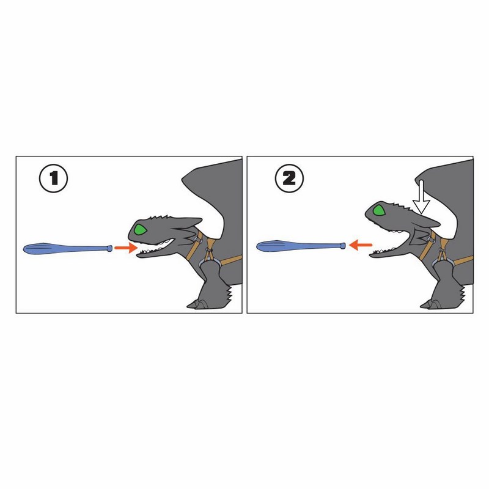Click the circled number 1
pyautogui.click(x=53, y=178)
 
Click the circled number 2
pyautogui.click(x=289, y=178)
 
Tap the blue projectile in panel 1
pyautogui.click(x=68, y=249)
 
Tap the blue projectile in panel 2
pyautogui.click(x=301, y=246)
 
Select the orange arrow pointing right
pyautogui.click(x=126, y=248)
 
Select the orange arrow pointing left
pyautogui.click(x=361, y=245)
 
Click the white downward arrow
pyautogui.click(x=421, y=197)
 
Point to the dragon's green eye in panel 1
pyautogui.click(x=140, y=230)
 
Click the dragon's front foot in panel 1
pyautogui.click(x=199, y=304)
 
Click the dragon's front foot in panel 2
pyautogui.click(x=432, y=304)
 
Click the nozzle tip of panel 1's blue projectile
pyautogui.click(x=110, y=248)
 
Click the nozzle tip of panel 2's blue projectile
pyautogui.click(x=343, y=246)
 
